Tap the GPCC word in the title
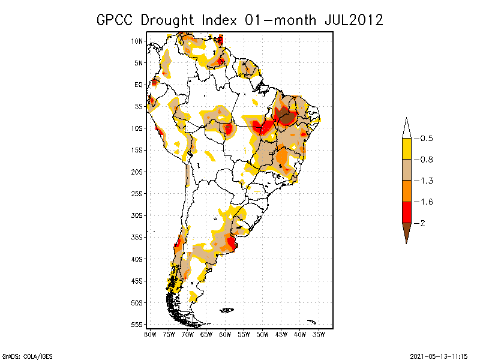(x=116, y=20)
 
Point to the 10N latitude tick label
(x=137, y=41)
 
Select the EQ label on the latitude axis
(x=139, y=85)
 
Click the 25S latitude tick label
(x=137, y=193)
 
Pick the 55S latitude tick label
(x=137, y=324)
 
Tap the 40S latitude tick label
(x=137, y=259)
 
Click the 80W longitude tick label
(x=150, y=334)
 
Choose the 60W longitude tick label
(x=225, y=334)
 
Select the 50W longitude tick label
(x=262, y=334)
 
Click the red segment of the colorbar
(x=406, y=212)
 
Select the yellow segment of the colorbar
(x=406, y=149)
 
